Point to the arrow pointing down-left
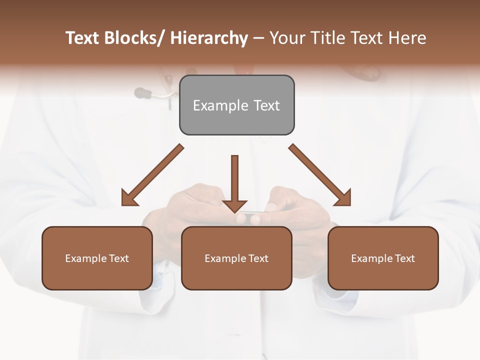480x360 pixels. tap(152, 175)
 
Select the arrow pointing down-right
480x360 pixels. tap(320, 175)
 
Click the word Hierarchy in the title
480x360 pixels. tap(209, 38)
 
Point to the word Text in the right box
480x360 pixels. tap(404, 258)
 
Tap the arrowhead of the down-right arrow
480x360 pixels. tap(343, 198)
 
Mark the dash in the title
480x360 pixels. tap(258, 38)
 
